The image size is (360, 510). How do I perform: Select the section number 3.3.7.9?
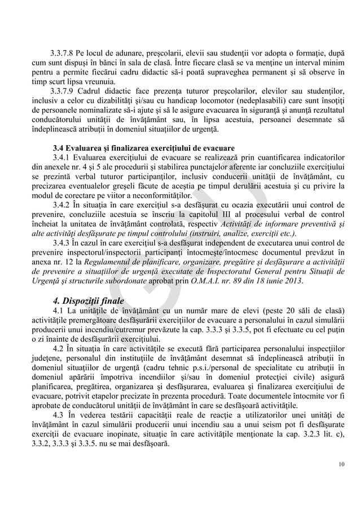pos(64,91)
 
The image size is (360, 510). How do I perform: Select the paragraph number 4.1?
pos(59,310)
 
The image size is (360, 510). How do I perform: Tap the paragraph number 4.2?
pos(59,348)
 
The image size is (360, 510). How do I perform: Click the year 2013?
pos(292,281)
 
